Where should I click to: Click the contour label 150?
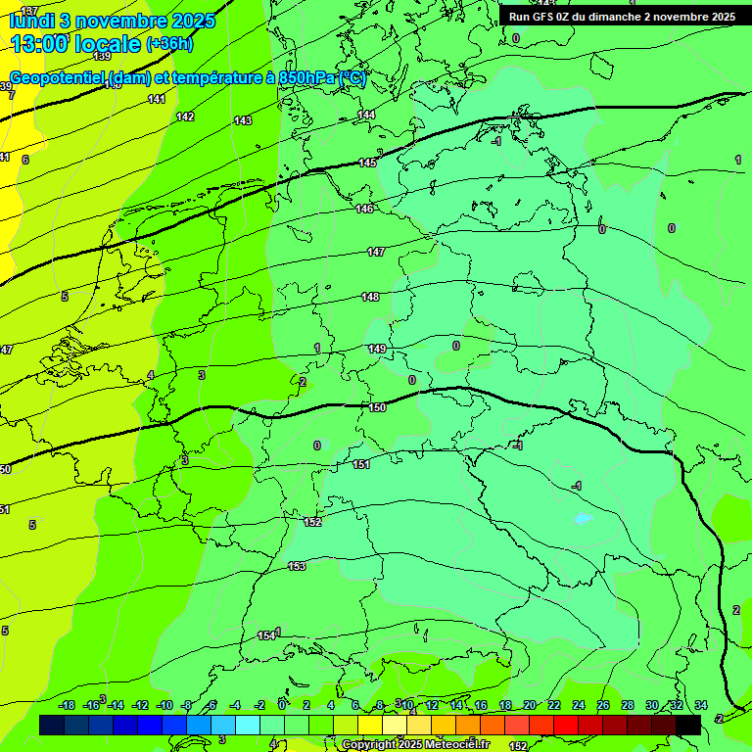coord(377,407)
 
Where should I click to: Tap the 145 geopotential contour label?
coord(367,163)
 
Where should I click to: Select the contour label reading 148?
coord(370,297)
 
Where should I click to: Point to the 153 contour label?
coord(297,566)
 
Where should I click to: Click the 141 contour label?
coord(157,99)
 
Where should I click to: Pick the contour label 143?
coord(243,120)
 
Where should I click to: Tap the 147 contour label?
coord(376,252)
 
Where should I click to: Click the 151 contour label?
coord(361,464)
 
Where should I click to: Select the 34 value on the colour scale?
coord(701,705)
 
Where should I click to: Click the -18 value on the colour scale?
coord(67,705)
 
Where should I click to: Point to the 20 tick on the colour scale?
coord(530,705)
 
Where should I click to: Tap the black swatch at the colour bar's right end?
coord(688,725)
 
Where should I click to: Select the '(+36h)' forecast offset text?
coord(169,44)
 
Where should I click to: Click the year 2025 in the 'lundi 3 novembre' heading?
coord(197,20)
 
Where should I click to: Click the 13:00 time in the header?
coord(40,43)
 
